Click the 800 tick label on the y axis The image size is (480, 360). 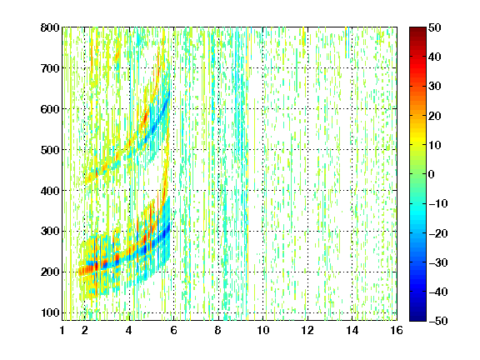coord(50,27)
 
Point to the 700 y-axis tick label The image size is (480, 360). coord(50,68)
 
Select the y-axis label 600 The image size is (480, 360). coord(50,109)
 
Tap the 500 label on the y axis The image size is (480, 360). coord(50,150)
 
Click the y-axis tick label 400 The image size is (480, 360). coord(50,191)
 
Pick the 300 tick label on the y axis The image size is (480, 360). coord(50,232)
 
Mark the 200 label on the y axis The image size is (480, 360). coord(50,272)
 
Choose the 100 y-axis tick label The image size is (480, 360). coord(50,312)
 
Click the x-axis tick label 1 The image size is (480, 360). coord(62,330)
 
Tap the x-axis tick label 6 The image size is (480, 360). coord(174,330)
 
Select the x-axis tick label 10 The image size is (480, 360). coord(263,330)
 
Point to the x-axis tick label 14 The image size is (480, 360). coord(352,330)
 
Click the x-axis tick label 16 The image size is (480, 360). coord(397,330)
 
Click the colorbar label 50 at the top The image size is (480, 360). coord(434,27)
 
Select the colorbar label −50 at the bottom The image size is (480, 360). coord(437,321)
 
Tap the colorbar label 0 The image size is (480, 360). coord(432,174)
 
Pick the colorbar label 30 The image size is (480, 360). coord(434,87)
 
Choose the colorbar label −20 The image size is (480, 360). coord(437,233)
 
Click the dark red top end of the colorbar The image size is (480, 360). coord(417,31)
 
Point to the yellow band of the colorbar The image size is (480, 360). coord(417,142)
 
